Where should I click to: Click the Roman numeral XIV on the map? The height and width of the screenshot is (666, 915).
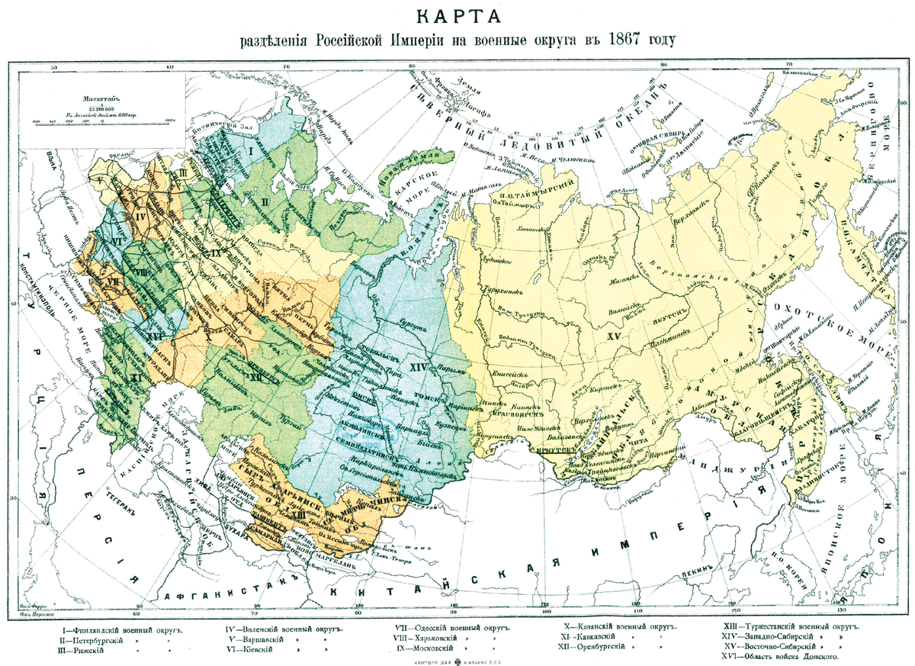coord(418,367)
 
